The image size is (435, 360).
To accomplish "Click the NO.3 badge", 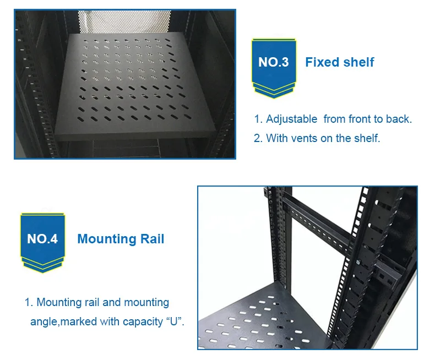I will [x=273, y=63].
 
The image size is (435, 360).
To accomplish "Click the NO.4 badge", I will [x=42, y=239].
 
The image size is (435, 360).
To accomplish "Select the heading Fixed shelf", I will [x=339, y=62].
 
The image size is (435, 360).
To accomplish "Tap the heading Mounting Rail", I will [x=121, y=239].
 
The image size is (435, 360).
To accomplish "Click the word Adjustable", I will [x=291, y=119].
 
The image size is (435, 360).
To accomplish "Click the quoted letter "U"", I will [x=174, y=321].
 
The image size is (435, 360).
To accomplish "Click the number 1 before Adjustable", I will [x=257, y=119].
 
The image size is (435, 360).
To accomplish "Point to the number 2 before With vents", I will [x=257, y=138].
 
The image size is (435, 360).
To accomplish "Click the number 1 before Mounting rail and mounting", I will [x=28, y=302].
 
